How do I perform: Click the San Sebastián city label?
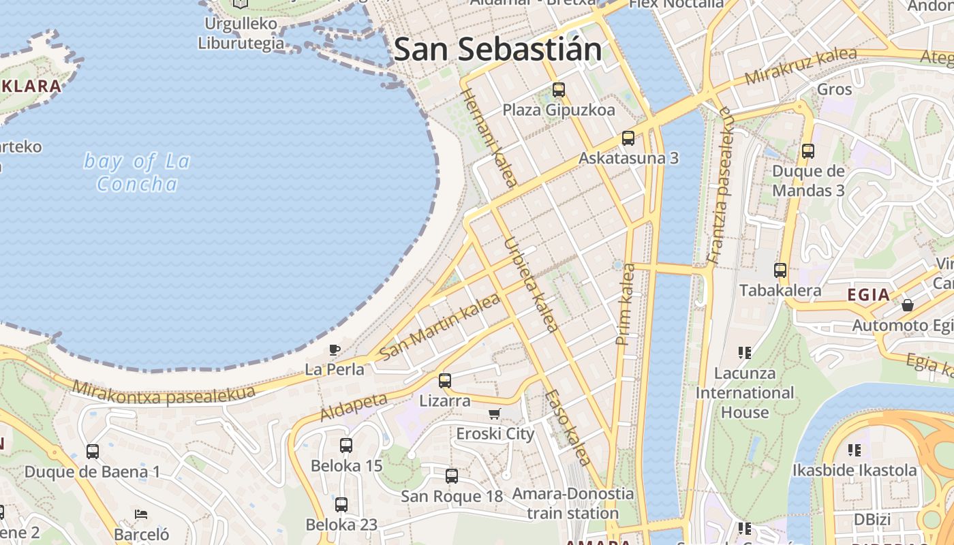click(x=498, y=50)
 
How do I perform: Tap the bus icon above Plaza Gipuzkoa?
click(x=559, y=89)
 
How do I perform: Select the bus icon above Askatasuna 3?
click(x=628, y=138)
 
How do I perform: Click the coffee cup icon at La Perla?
click(x=334, y=350)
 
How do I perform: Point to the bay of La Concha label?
click(x=137, y=172)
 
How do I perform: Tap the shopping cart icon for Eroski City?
click(x=495, y=414)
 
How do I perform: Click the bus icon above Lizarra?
click(x=445, y=380)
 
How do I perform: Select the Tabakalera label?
click(x=780, y=291)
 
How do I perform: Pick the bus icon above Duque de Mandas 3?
click(x=808, y=151)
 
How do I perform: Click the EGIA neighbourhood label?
click(x=869, y=295)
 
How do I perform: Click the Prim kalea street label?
click(x=626, y=305)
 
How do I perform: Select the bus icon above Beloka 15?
click(x=346, y=446)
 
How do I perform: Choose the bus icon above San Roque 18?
click(x=452, y=476)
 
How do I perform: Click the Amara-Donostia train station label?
click(x=572, y=503)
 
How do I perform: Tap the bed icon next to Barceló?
click(x=141, y=514)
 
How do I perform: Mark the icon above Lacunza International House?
click(x=745, y=352)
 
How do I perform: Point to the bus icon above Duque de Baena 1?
click(x=93, y=451)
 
